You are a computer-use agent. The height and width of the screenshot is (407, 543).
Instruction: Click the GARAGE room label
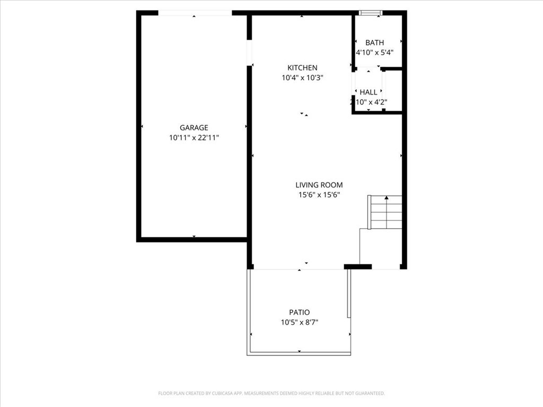click(194, 128)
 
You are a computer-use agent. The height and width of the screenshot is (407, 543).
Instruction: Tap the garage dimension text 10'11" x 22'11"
click(194, 138)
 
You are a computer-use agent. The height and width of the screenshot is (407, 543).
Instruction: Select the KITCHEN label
click(302, 68)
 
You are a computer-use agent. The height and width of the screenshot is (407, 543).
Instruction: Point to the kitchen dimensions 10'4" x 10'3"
click(302, 77)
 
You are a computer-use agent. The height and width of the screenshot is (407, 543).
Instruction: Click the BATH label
click(374, 42)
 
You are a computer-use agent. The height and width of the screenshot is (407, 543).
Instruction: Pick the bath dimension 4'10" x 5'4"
click(374, 52)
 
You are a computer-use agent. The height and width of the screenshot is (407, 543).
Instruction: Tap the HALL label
click(369, 92)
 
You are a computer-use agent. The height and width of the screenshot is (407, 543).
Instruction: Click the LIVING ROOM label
click(319, 185)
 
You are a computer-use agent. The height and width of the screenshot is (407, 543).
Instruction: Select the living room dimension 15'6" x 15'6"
click(319, 194)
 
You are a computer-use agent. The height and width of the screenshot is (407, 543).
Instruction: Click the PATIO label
click(299, 312)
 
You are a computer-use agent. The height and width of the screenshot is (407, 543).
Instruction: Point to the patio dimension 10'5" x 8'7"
click(299, 322)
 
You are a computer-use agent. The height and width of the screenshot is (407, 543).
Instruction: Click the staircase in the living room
click(386, 212)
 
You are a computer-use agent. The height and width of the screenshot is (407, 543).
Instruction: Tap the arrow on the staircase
click(386, 198)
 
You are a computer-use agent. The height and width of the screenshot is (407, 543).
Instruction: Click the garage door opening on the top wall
click(195, 13)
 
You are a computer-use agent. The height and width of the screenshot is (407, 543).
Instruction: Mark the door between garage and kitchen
click(249, 53)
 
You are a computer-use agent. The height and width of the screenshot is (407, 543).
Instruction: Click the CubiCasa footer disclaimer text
click(271, 393)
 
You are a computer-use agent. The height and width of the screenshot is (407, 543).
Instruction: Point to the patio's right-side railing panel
click(349, 294)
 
